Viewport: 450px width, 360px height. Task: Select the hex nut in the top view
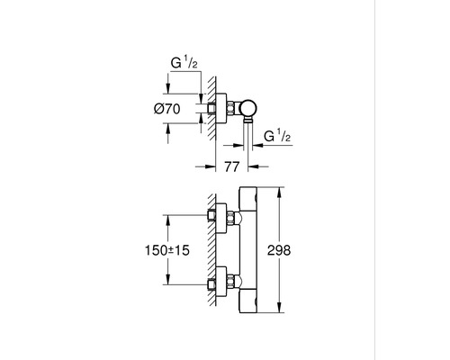click(232, 110)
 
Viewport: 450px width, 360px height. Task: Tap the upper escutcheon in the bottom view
click(215, 216)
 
